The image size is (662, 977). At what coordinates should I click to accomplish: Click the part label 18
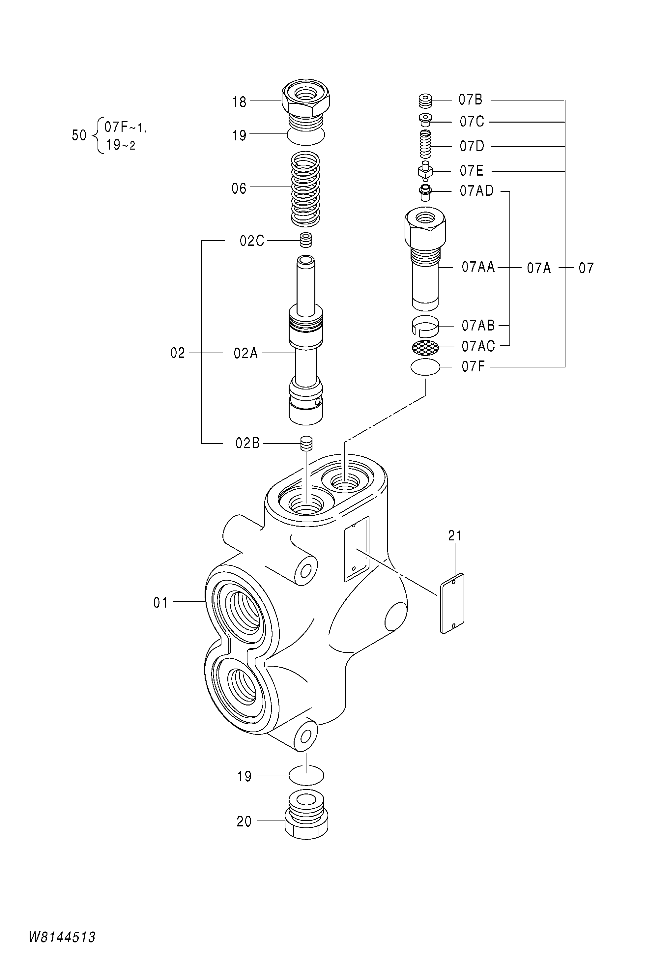click(239, 102)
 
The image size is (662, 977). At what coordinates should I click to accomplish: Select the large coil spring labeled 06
click(305, 188)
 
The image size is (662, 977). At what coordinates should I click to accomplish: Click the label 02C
click(252, 241)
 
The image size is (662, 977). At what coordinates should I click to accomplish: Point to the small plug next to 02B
click(307, 443)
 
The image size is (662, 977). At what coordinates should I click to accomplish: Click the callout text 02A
click(245, 353)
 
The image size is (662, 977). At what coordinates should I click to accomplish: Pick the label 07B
click(470, 100)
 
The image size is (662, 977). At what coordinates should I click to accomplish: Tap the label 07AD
click(476, 191)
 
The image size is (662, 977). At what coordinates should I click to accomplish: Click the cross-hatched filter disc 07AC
click(425, 346)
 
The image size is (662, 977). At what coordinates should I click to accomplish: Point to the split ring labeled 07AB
click(425, 326)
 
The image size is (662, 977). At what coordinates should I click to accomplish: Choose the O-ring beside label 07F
click(425, 367)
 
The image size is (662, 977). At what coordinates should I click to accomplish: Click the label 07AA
click(478, 267)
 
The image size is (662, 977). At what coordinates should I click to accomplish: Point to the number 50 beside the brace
click(79, 135)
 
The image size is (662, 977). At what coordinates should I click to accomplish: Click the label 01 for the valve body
click(160, 603)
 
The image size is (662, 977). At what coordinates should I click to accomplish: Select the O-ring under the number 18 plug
click(305, 134)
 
